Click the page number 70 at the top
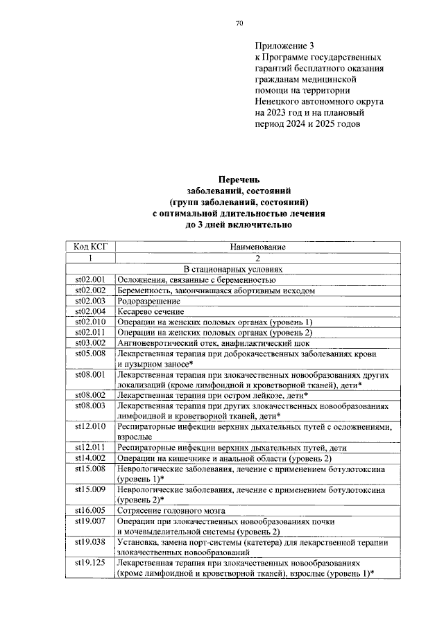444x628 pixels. [x=239, y=24]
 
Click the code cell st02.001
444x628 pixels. [x=90, y=279]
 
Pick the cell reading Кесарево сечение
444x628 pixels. [x=151, y=312]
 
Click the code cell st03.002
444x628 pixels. [x=90, y=343]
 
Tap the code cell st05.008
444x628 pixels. [x=90, y=354]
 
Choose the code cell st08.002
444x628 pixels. [x=90, y=395]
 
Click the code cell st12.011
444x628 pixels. [x=90, y=448]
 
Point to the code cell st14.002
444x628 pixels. [x=90, y=459]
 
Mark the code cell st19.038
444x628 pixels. [x=90, y=542]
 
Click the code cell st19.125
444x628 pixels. [x=90, y=564]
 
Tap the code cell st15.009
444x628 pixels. [x=90, y=490]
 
